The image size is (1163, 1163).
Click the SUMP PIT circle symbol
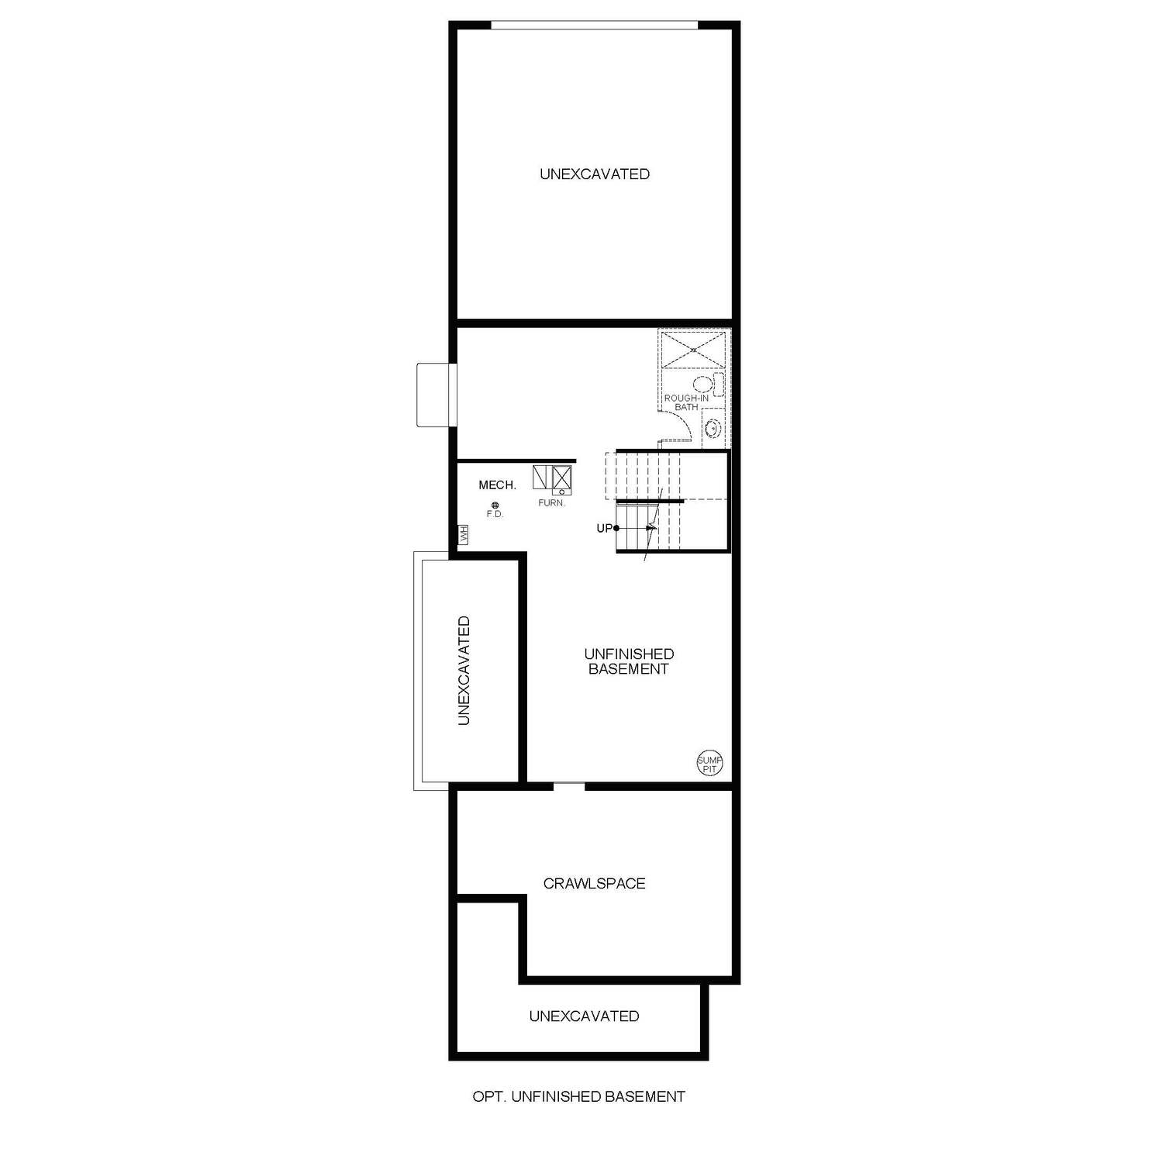click(709, 764)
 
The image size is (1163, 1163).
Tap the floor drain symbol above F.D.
click(495, 506)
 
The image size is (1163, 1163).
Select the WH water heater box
click(463, 535)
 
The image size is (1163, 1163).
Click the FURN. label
click(552, 503)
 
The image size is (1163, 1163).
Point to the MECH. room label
click(497, 485)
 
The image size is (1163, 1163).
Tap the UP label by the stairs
click(604, 529)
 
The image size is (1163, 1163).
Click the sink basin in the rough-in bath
click(714, 427)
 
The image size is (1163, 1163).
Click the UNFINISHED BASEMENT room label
click(629, 661)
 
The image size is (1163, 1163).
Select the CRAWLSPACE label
click(594, 883)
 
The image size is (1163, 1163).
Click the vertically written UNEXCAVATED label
click(464, 671)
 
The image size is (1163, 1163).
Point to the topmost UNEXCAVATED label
click(595, 174)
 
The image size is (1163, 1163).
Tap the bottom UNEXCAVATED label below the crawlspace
click(584, 1016)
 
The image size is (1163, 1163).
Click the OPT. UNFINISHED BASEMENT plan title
click(578, 1096)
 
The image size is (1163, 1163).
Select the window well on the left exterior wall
click(433, 395)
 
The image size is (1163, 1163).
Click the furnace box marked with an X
click(561, 476)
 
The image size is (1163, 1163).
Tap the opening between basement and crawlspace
click(569, 786)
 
